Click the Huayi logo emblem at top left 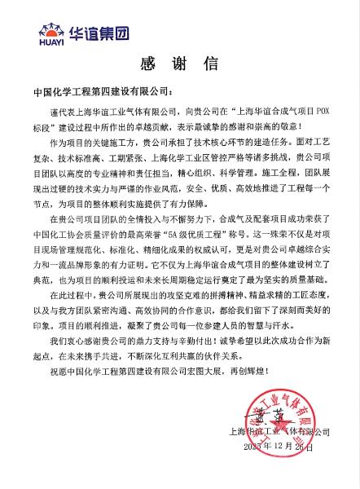[50, 30]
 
